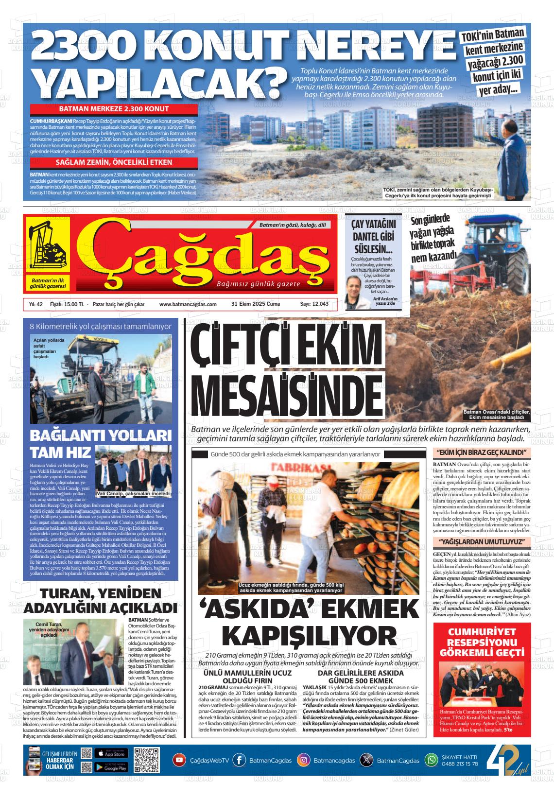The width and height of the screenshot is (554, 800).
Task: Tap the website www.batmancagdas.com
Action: point(188,304)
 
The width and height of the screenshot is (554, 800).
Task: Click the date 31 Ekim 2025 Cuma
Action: point(256,304)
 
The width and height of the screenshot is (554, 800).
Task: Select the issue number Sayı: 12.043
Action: point(314,304)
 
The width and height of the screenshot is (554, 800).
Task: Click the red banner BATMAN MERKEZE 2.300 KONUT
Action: point(114,109)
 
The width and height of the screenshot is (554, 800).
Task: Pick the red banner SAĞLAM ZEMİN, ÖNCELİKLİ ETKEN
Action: point(114,162)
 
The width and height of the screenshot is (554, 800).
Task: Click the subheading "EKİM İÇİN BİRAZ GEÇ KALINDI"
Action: point(482,453)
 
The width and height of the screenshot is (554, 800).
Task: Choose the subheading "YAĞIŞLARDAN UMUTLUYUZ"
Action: point(482,541)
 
